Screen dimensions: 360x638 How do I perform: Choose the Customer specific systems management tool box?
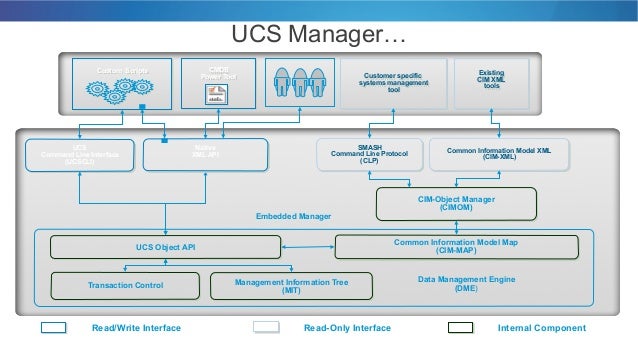pyautogui.click(x=392, y=85)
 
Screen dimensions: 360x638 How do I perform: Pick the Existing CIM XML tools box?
pyautogui.click(x=491, y=85)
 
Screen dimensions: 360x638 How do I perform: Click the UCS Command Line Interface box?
pyautogui.click(x=79, y=158)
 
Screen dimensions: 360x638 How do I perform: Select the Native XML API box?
pyautogui.click(x=206, y=158)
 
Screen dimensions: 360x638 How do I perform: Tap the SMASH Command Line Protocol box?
pyautogui.click(x=368, y=158)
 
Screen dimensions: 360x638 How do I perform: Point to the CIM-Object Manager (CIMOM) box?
pyautogui.click(x=456, y=204)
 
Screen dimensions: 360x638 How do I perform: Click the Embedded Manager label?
pyautogui.click(x=290, y=215)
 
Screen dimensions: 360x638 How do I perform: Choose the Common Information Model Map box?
pyautogui.click(x=455, y=246)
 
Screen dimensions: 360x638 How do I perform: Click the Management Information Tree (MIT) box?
pyautogui.click(x=291, y=286)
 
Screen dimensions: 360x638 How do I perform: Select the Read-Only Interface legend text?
pyautogui.click(x=346, y=328)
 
